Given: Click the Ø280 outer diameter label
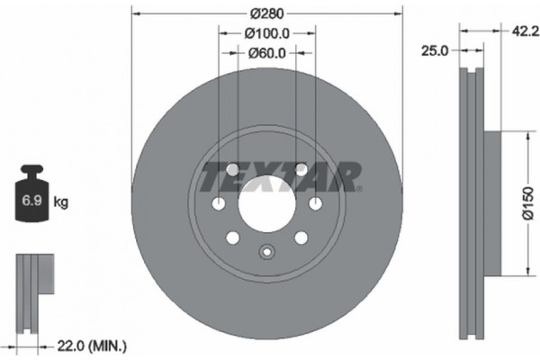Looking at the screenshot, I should pos(266,13).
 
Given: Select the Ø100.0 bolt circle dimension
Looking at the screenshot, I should pos(266,33).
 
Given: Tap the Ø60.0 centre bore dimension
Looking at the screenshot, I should pos(266,53).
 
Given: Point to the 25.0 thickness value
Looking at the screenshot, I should pos(435,52).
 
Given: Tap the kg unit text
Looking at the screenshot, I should pos(60,202).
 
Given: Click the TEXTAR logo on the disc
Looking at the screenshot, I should pos(280,175).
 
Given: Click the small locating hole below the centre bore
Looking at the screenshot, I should pos(266,253).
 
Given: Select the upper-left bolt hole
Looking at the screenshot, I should pos(232,170).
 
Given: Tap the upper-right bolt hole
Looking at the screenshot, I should pos(301,170).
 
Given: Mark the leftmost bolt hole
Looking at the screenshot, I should pos(218,204).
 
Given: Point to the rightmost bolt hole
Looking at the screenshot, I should pos(315,204).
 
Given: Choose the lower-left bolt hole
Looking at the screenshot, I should pos(232,238).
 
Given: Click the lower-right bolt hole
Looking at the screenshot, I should pos(301,238).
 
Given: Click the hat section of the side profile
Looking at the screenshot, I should pos(491,203).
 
